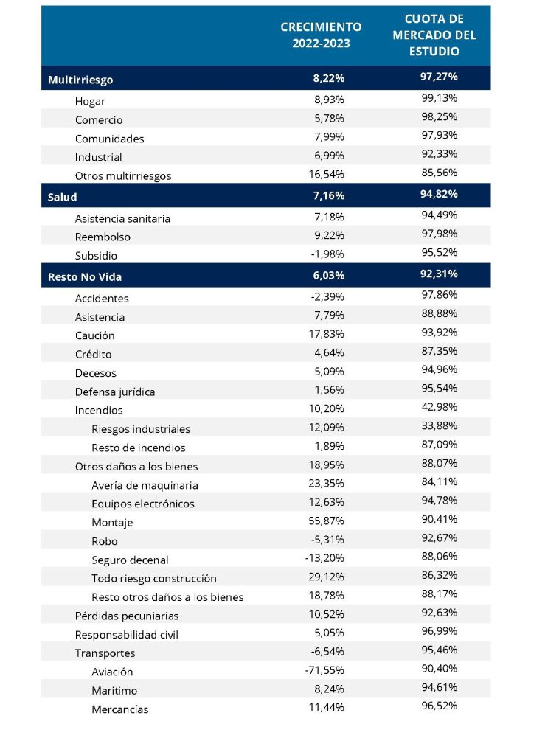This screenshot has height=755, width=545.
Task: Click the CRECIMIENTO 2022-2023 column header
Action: (321, 35)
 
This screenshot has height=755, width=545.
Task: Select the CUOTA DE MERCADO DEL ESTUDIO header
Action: (434, 35)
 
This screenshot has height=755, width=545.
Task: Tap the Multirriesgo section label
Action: (80, 80)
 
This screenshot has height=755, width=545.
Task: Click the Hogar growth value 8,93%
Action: (330, 100)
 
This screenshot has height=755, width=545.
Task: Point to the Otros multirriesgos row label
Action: (123, 175)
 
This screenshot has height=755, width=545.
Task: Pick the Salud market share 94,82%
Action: (439, 194)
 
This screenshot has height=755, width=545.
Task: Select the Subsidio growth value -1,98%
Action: (327, 254)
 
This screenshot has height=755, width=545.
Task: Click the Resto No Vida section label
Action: (85, 277)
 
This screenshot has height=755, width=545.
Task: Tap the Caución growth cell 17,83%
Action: (327, 334)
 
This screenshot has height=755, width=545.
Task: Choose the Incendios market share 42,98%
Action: (440, 407)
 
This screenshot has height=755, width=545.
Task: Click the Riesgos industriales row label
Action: (141, 429)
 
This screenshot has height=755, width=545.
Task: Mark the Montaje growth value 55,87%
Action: (327, 521)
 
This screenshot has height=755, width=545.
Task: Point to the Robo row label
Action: (105, 541)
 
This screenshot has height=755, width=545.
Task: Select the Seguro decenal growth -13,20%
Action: (324, 558)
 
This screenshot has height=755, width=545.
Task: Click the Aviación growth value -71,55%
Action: (324, 670)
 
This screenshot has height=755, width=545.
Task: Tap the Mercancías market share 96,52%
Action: (440, 706)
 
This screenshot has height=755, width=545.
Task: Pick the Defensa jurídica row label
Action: (115, 392)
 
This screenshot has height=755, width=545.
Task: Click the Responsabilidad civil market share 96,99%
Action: (440, 631)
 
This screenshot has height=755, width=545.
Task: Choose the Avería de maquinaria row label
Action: (145, 485)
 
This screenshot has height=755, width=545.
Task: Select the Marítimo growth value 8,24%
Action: (330, 689)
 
